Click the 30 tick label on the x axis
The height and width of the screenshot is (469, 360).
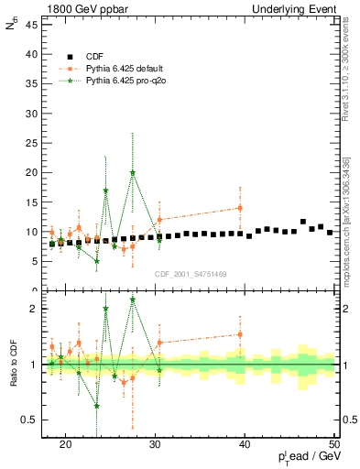(x=155, y=445)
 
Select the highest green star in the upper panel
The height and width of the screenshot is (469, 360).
(x=133, y=172)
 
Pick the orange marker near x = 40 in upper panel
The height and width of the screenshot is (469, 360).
(x=240, y=208)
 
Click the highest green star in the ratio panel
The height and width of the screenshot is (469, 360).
(x=133, y=300)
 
